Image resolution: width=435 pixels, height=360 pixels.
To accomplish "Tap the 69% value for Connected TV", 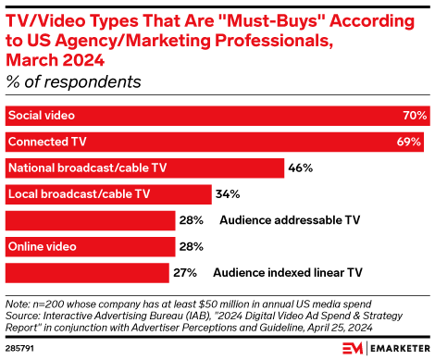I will (410, 142).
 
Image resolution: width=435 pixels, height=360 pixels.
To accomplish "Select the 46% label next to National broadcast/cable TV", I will (301, 168).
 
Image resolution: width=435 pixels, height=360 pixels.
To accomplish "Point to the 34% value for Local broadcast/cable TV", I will (228, 194).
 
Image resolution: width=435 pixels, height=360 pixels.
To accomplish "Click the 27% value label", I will (184, 273).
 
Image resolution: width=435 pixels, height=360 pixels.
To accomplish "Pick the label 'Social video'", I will (42, 116).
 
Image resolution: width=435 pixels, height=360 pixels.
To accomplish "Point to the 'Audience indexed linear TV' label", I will (287, 273).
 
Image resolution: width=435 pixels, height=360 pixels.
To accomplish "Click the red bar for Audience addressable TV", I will (90, 220).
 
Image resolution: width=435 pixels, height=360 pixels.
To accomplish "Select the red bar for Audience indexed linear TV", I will (87, 273).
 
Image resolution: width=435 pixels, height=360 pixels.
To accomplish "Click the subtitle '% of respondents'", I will (74, 81).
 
